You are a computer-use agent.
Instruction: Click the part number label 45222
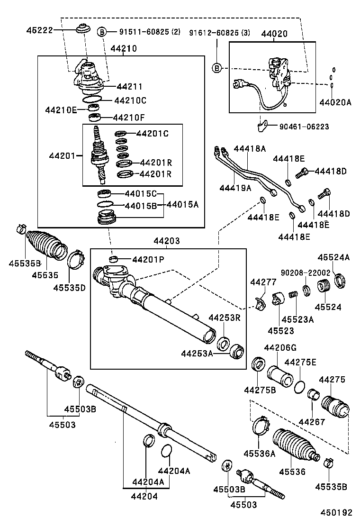point(40,30)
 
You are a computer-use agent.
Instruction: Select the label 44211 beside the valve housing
point(129,86)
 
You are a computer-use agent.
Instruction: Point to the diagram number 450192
point(336,512)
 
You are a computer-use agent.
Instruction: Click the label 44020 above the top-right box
point(274,34)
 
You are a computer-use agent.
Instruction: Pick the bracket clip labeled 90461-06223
point(262,127)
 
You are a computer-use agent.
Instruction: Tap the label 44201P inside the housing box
point(148,259)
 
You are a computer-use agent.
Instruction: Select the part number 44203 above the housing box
point(167,241)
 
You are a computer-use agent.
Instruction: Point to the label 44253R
point(225,318)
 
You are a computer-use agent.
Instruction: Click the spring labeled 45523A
point(294,294)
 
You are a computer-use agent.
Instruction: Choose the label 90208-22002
point(306,273)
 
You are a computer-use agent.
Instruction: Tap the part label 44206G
point(280,347)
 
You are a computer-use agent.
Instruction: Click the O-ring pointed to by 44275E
point(299,387)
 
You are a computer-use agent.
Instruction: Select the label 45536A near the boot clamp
point(260,454)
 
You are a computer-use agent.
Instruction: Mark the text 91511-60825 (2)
point(150,32)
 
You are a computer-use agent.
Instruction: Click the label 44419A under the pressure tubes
point(235,188)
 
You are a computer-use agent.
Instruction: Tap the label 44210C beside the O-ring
point(130,100)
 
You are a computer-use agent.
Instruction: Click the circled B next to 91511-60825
point(102,32)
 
